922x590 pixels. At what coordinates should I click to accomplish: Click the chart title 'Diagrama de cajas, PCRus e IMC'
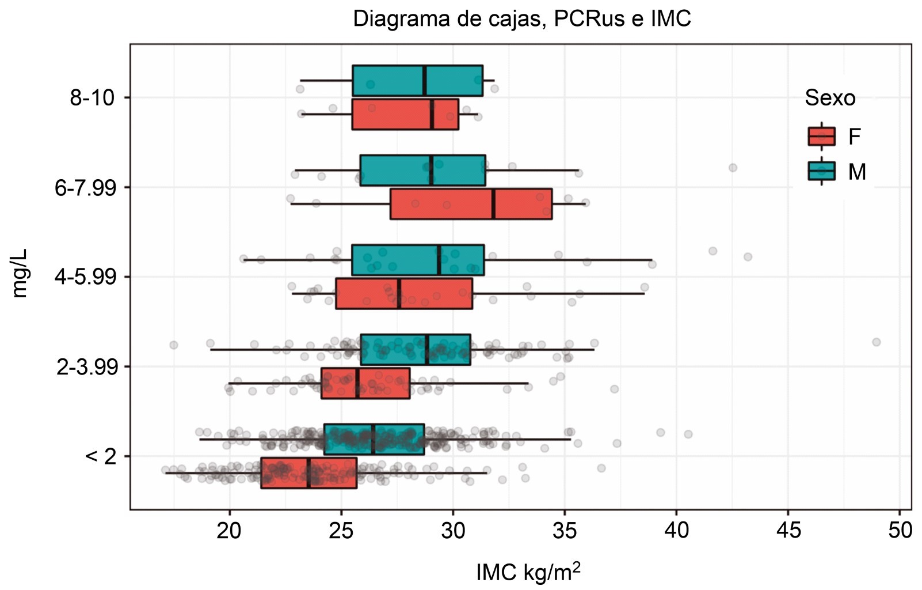521,19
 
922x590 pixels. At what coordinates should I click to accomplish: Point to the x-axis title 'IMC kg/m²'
528,572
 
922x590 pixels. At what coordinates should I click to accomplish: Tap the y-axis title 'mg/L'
20,273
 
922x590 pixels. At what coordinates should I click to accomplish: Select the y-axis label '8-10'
92,97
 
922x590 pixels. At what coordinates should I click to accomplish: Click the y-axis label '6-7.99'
85,187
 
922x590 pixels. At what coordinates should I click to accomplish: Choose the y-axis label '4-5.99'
85,277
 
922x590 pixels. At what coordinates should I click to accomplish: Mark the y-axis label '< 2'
101,456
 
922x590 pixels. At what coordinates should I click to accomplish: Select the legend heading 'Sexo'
829,98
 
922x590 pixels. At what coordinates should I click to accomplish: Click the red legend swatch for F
821,137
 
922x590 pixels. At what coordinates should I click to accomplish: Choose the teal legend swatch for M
821,171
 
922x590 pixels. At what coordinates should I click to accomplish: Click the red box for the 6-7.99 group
471,204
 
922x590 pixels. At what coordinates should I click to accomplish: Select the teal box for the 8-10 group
417,81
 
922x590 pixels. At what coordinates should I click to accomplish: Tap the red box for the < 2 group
308,473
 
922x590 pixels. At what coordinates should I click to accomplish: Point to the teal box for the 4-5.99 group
418,260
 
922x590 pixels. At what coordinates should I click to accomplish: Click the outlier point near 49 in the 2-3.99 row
876,342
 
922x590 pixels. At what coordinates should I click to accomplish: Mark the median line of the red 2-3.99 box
357,383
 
